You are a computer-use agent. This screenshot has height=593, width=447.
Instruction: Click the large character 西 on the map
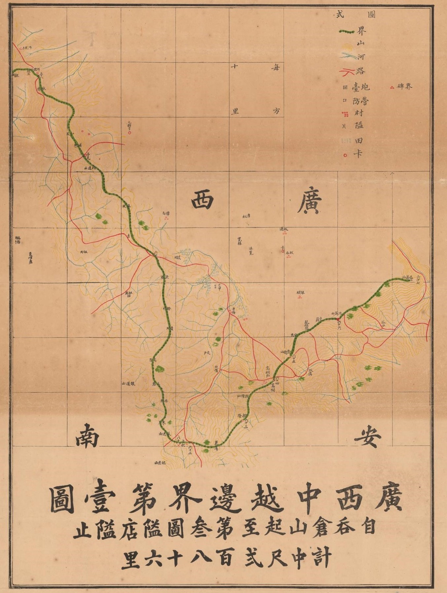point(203,199)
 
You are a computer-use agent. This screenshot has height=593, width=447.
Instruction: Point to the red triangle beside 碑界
point(392,87)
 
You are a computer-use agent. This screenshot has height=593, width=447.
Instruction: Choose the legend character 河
point(361,56)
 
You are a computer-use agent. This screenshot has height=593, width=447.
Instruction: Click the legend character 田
point(358,141)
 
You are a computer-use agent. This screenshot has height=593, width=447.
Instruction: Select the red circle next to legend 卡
point(345,155)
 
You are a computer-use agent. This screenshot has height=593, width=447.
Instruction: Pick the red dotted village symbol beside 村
point(346,114)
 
